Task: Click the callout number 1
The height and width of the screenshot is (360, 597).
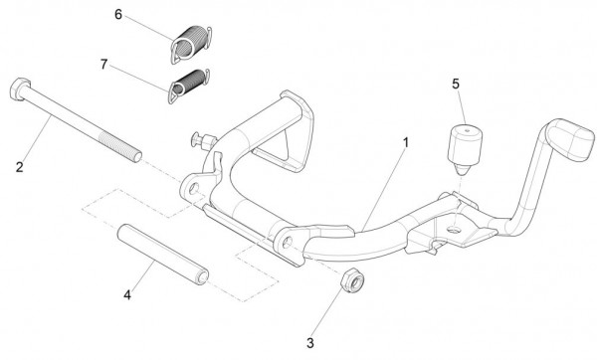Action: (406, 143)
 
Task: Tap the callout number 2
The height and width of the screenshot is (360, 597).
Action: (20, 167)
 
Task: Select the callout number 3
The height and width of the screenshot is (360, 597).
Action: (310, 343)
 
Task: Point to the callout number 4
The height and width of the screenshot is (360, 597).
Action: (127, 294)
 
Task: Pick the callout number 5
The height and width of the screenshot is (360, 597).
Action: (456, 84)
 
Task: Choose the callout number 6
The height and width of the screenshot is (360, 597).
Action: (118, 15)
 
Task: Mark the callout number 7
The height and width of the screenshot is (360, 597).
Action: (103, 65)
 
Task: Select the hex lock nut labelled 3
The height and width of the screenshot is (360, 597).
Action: (352, 280)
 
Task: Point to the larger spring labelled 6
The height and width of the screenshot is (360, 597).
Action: (191, 44)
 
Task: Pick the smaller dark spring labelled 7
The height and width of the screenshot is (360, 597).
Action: (189, 86)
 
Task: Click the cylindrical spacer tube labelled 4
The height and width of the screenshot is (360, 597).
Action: (163, 255)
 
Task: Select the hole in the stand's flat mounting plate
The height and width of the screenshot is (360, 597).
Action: (454, 230)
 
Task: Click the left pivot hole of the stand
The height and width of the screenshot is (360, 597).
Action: (193, 188)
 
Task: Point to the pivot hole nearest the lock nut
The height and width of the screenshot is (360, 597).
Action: (288, 242)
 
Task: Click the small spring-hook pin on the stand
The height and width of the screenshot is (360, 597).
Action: (203, 140)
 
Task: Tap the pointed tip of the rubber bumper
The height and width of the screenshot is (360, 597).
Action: (461, 173)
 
